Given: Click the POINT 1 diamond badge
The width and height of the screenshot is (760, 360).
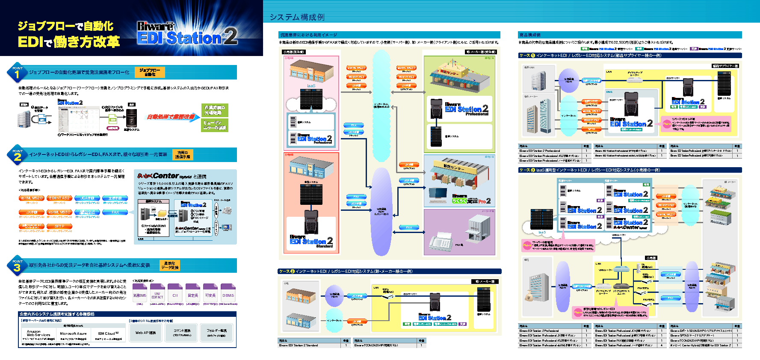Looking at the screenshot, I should [17, 73].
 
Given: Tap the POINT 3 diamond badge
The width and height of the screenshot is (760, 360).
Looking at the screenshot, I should [17, 266].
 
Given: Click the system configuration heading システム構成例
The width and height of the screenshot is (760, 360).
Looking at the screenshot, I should [297, 17].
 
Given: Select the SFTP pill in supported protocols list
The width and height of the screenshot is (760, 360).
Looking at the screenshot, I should [59, 226].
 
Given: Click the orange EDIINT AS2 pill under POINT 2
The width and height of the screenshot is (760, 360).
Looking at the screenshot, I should [59, 198].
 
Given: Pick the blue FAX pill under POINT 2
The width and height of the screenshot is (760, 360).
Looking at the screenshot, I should [115, 212].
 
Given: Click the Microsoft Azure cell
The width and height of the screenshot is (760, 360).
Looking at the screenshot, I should [73, 333].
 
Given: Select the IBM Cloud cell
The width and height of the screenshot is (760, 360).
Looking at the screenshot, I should [108, 333].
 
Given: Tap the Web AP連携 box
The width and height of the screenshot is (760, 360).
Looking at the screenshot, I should [145, 333].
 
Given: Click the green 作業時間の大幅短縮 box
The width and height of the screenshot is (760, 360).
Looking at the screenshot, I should [215, 110].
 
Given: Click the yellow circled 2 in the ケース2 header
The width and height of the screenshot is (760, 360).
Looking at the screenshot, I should [293, 271].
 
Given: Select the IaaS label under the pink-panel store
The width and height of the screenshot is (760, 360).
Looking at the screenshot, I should [311, 86].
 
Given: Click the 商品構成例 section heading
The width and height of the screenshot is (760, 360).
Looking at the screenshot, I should [529, 35].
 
